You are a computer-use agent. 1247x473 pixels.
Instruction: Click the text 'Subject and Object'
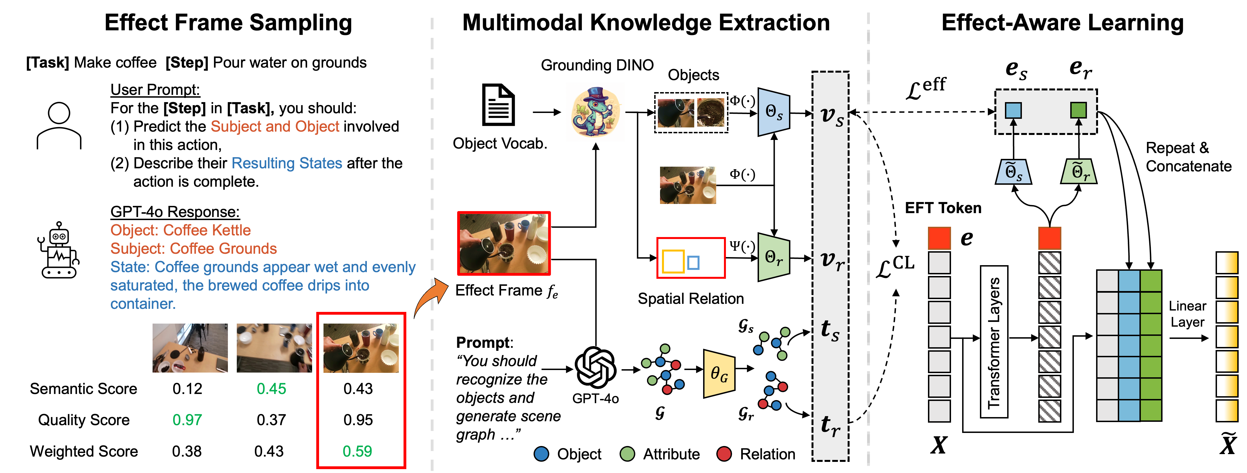click(x=275, y=127)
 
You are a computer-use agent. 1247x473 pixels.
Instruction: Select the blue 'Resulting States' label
click(x=287, y=163)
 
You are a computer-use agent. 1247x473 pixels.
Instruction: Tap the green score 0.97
click(x=187, y=420)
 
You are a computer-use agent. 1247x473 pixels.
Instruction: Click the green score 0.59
click(x=357, y=451)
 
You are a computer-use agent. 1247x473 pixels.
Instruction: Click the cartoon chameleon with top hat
click(x=595, y=112)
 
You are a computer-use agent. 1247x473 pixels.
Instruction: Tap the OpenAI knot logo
click(x=595, y=367)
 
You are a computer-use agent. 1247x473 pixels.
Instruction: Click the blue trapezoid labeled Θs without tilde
click(x=773, y=112)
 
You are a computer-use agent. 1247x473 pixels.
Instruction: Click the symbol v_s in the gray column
click(x=832, y=116)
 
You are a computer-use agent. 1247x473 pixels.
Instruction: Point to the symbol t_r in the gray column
click(x=830, y=425)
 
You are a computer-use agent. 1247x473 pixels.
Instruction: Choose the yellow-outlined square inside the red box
click(x=673, y=262)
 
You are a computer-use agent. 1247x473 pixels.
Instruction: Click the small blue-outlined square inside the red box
click(x=693, y=263)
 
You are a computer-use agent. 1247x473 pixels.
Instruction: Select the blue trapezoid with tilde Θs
click(x=1013, y=172)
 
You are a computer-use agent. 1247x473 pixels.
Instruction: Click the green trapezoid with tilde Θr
click(x=1079, y=172)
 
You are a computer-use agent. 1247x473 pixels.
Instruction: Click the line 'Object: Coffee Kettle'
click(x=181, y=230)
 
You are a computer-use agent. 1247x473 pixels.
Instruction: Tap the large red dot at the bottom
click(x=724, y=454)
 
